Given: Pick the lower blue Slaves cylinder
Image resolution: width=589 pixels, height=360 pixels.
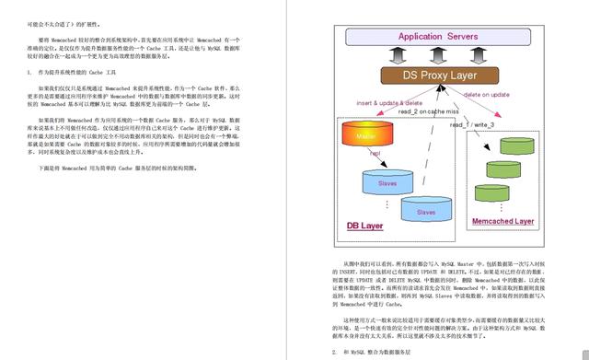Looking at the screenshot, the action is tap(425, 211).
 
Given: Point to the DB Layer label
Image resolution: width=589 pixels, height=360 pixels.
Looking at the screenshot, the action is tap(365, 226).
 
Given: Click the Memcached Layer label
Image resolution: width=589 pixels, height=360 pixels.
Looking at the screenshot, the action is tap(502, 222).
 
